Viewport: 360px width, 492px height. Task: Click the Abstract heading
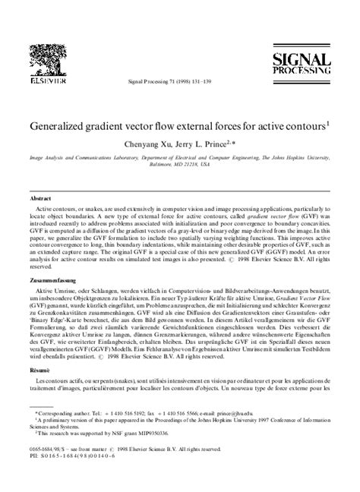point(40,197)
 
